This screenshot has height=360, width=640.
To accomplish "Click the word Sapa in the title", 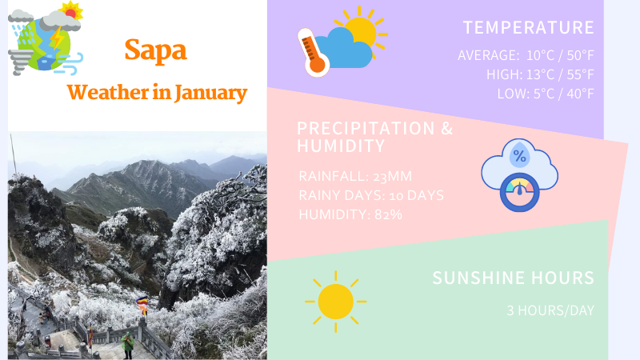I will pos(155,50).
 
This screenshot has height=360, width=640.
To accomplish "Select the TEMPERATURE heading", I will pos(528,28).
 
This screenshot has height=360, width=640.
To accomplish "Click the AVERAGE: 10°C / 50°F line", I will pos(526,56).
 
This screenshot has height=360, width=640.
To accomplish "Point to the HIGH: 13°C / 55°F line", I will pos(540,74).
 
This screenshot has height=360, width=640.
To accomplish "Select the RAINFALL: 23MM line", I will pos(355,176).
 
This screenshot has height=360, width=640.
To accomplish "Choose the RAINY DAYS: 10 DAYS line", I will pos(370,195).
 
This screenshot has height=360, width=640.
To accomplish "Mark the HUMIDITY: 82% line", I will pos(350,214).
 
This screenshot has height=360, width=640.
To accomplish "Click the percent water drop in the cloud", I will pos(519,155).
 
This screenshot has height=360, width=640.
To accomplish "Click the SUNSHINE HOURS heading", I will pos(513,278).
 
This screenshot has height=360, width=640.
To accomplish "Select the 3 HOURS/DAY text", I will pos(550,310).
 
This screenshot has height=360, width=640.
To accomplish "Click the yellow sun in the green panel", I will pos(335,302).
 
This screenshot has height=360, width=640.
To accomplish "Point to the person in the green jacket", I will pos(126,345).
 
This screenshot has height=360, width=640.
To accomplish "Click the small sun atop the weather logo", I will pos(72,11).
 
